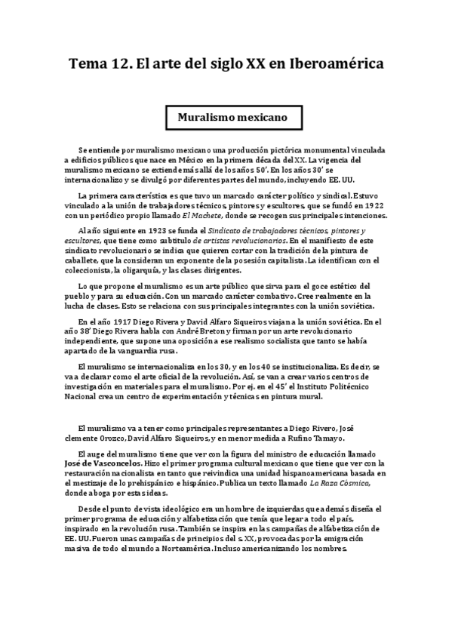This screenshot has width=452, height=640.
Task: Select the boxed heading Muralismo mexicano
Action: (x=226, y=118)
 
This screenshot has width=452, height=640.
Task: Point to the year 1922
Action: (x=375, y=206)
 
